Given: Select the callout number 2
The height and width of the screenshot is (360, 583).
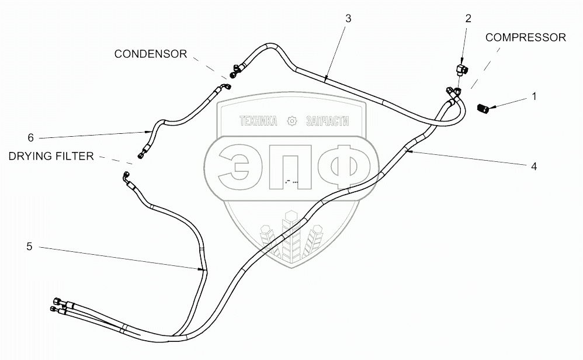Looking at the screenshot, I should [x=468, y=19].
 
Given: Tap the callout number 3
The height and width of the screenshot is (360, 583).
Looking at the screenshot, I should [x=348, y=19].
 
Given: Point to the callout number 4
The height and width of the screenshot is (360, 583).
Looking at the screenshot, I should [x=533, y=166].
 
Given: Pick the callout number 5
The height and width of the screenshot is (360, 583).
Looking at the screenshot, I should [x=29, y=247].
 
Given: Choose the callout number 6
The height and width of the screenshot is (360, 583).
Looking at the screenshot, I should [x=30, y=138].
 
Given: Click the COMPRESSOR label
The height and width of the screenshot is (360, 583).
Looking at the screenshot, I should [x=526, y=37].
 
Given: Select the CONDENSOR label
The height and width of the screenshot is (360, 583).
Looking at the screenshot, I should [x=151, y=54].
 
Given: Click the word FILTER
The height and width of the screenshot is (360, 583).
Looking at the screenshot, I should [x=75, y=157].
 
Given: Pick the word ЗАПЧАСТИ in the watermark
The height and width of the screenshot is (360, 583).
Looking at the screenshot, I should [x=327, y=122].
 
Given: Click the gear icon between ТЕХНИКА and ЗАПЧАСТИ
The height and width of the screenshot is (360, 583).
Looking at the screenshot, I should [x=293, y=122].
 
